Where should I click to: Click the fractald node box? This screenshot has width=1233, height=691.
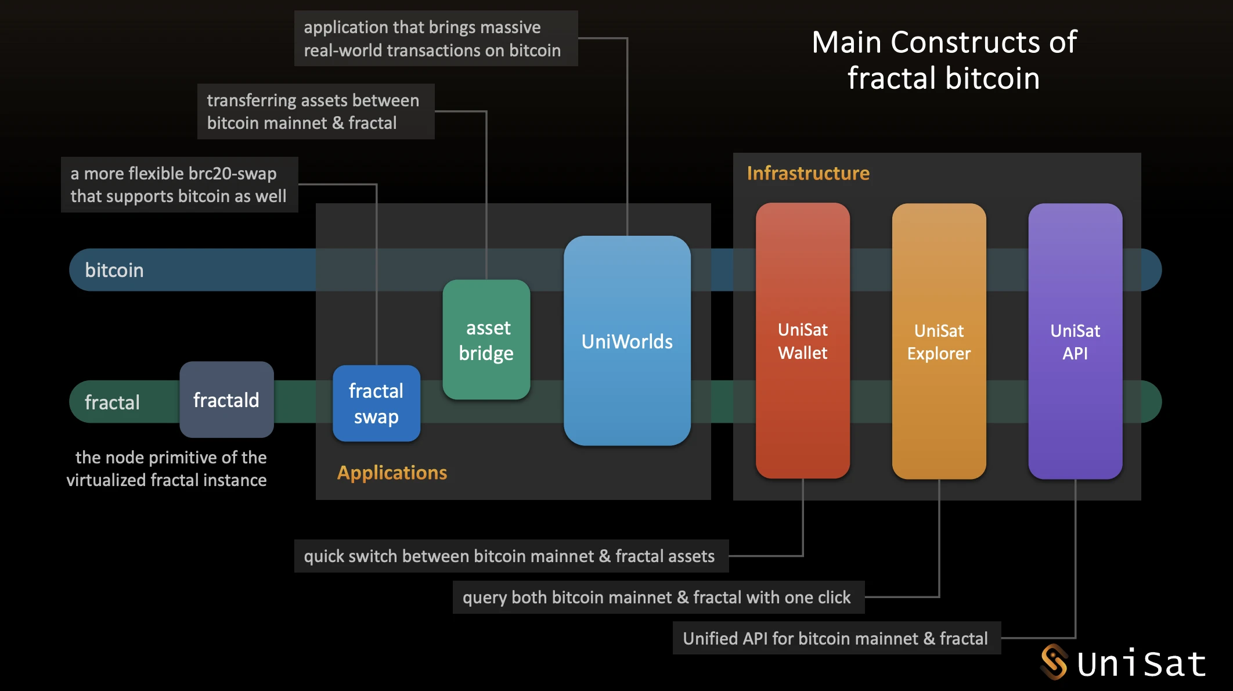(226, 400)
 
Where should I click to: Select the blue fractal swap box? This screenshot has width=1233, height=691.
(376, 404)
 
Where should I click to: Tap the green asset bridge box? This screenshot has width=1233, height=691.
(486, 340)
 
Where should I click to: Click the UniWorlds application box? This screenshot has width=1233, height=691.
(627, 341)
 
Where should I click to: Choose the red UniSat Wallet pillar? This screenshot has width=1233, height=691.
(802, 341)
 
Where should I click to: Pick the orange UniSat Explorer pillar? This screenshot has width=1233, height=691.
(939, 341)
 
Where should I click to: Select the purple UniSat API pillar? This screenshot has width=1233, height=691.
(1075, 341)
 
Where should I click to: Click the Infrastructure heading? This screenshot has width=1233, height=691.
(808, 173)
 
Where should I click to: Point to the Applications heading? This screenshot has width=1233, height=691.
(392, 473)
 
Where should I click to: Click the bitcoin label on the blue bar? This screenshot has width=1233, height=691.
(114, 270)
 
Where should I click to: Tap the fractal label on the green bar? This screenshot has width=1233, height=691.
(112, 402)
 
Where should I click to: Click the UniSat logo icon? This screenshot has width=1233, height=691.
(1054, 662)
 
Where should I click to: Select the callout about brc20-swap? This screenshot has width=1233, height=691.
(179, 185)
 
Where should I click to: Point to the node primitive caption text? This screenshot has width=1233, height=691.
(167, 469)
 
